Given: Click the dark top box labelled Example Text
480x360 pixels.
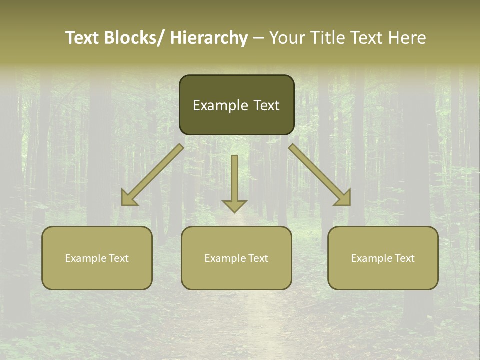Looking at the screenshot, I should [x=236, y=105].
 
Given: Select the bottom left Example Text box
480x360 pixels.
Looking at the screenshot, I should [x=97, y=258].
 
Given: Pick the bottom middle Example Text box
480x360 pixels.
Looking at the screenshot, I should [x=236, y=258].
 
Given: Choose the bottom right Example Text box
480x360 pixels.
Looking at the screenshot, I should [x=383, y=258].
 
